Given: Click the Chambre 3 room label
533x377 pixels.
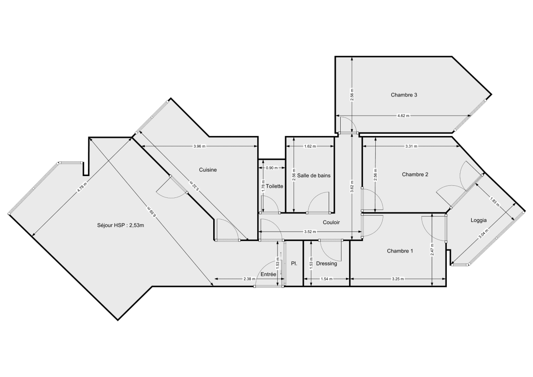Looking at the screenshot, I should (x=404, y=95).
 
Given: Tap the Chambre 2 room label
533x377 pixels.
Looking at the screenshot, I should (x=415, y=174).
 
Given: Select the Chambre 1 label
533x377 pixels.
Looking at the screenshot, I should (x=400, y=251).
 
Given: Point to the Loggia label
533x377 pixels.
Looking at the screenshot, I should (x=479, y=220).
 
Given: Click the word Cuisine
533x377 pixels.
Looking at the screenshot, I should (x=207, y=170).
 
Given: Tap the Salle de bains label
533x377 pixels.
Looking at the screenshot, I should (x=314, y=176).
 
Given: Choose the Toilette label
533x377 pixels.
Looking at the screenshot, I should (x=274, y=186).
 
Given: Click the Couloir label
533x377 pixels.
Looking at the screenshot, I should (x=331, y=222).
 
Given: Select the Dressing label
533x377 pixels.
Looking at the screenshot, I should (x=326, y=264).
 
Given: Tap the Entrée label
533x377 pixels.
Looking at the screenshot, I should (x=268, y=275).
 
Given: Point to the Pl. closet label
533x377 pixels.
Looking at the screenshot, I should (x=294, y=264).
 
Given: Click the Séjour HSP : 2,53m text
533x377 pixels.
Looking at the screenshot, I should (x=121, y=225).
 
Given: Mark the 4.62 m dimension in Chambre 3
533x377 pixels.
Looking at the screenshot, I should (x=403, y=116).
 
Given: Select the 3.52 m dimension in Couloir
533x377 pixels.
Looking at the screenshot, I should (x=310, y=232).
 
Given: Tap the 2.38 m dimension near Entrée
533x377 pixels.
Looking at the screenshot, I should (x=250, y=279).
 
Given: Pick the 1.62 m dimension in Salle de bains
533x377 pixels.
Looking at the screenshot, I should (x=310, y=146).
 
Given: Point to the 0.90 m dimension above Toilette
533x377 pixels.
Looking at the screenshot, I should (x=271, y=168).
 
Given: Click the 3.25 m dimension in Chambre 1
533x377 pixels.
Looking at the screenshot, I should (x=398, y=279).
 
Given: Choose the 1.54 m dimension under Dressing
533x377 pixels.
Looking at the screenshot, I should (x=326, y=279).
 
